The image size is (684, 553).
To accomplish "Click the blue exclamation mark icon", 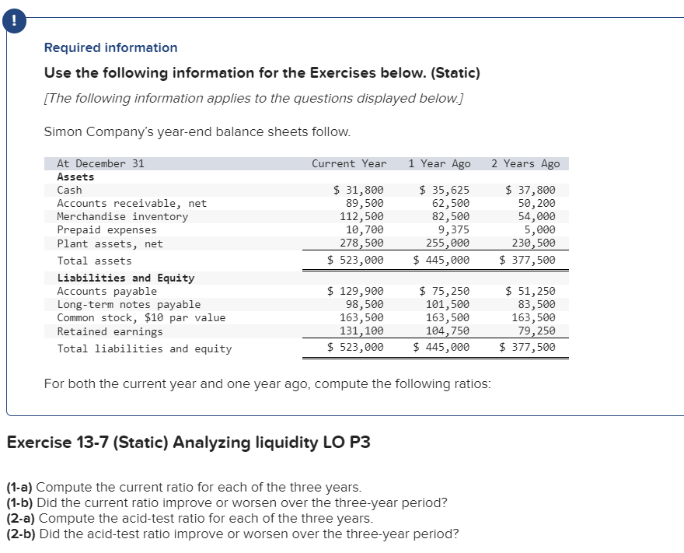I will coord(12,23).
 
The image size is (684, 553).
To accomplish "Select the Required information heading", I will coord(110,47).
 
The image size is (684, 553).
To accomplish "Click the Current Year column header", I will coord(349,163).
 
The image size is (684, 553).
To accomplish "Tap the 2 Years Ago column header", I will coord(525,163).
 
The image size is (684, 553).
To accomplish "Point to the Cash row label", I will coord(70,190).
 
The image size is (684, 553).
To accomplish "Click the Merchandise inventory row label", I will coord(123,216).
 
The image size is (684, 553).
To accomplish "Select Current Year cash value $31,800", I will coord(358,190).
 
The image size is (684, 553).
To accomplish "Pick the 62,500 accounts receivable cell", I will coord(451,203).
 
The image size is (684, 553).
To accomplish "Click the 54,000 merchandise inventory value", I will coord(537,216).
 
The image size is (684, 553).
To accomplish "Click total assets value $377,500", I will coord(528,261).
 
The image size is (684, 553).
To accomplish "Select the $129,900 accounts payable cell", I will coord(355,292).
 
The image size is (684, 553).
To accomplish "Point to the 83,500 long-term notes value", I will coord(537,304).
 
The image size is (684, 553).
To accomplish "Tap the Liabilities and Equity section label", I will coord(126,278).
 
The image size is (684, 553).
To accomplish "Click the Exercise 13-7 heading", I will coord(188,443).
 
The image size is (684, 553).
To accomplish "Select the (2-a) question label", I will coord(20,518).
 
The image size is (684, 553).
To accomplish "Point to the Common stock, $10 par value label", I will coord(141,317).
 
